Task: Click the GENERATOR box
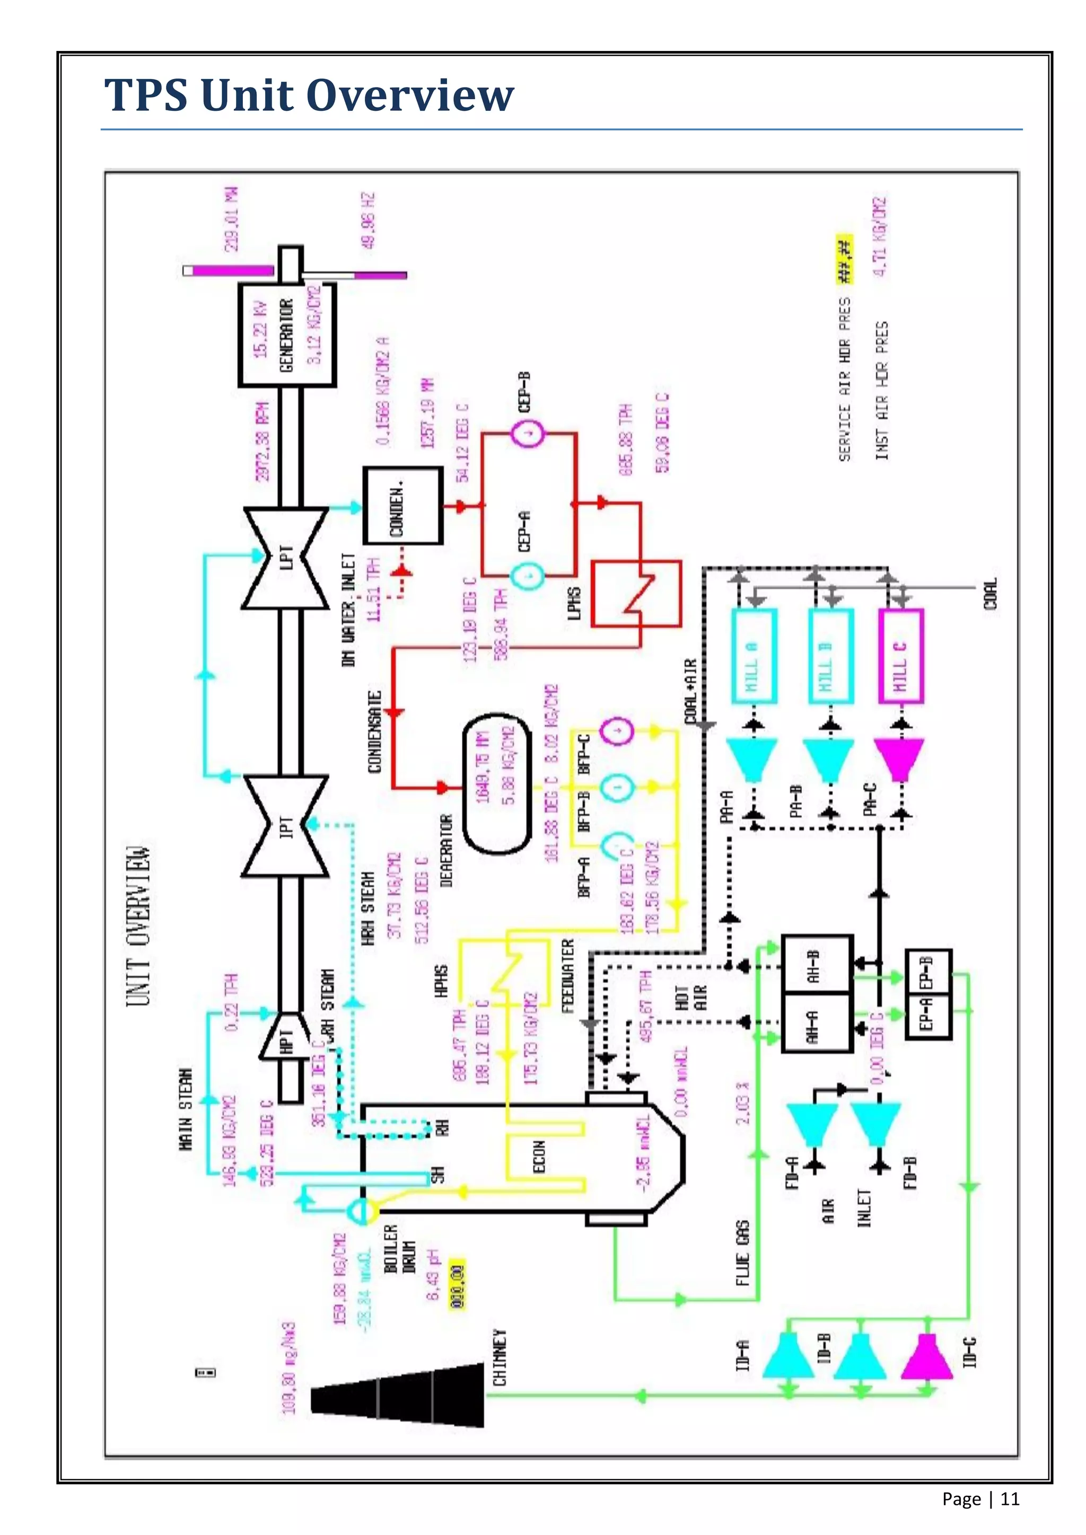(x=287, y=334)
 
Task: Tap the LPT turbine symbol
(x=285, y=558)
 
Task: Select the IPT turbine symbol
(x=285, y=826)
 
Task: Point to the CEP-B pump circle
(x=528, y=435)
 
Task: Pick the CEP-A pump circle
(x=528, y=576)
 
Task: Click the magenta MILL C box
(x=901, y=656)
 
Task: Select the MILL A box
(x=754, y=656)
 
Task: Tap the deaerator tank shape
(x=496, y=783)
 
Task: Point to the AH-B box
(x=817, y=964)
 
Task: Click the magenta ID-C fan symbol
(x=927, y=1356)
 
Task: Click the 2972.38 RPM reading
(x=263, y=441)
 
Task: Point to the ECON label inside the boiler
(x=539, y=1157)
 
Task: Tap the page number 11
(x=1010, y=1499)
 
